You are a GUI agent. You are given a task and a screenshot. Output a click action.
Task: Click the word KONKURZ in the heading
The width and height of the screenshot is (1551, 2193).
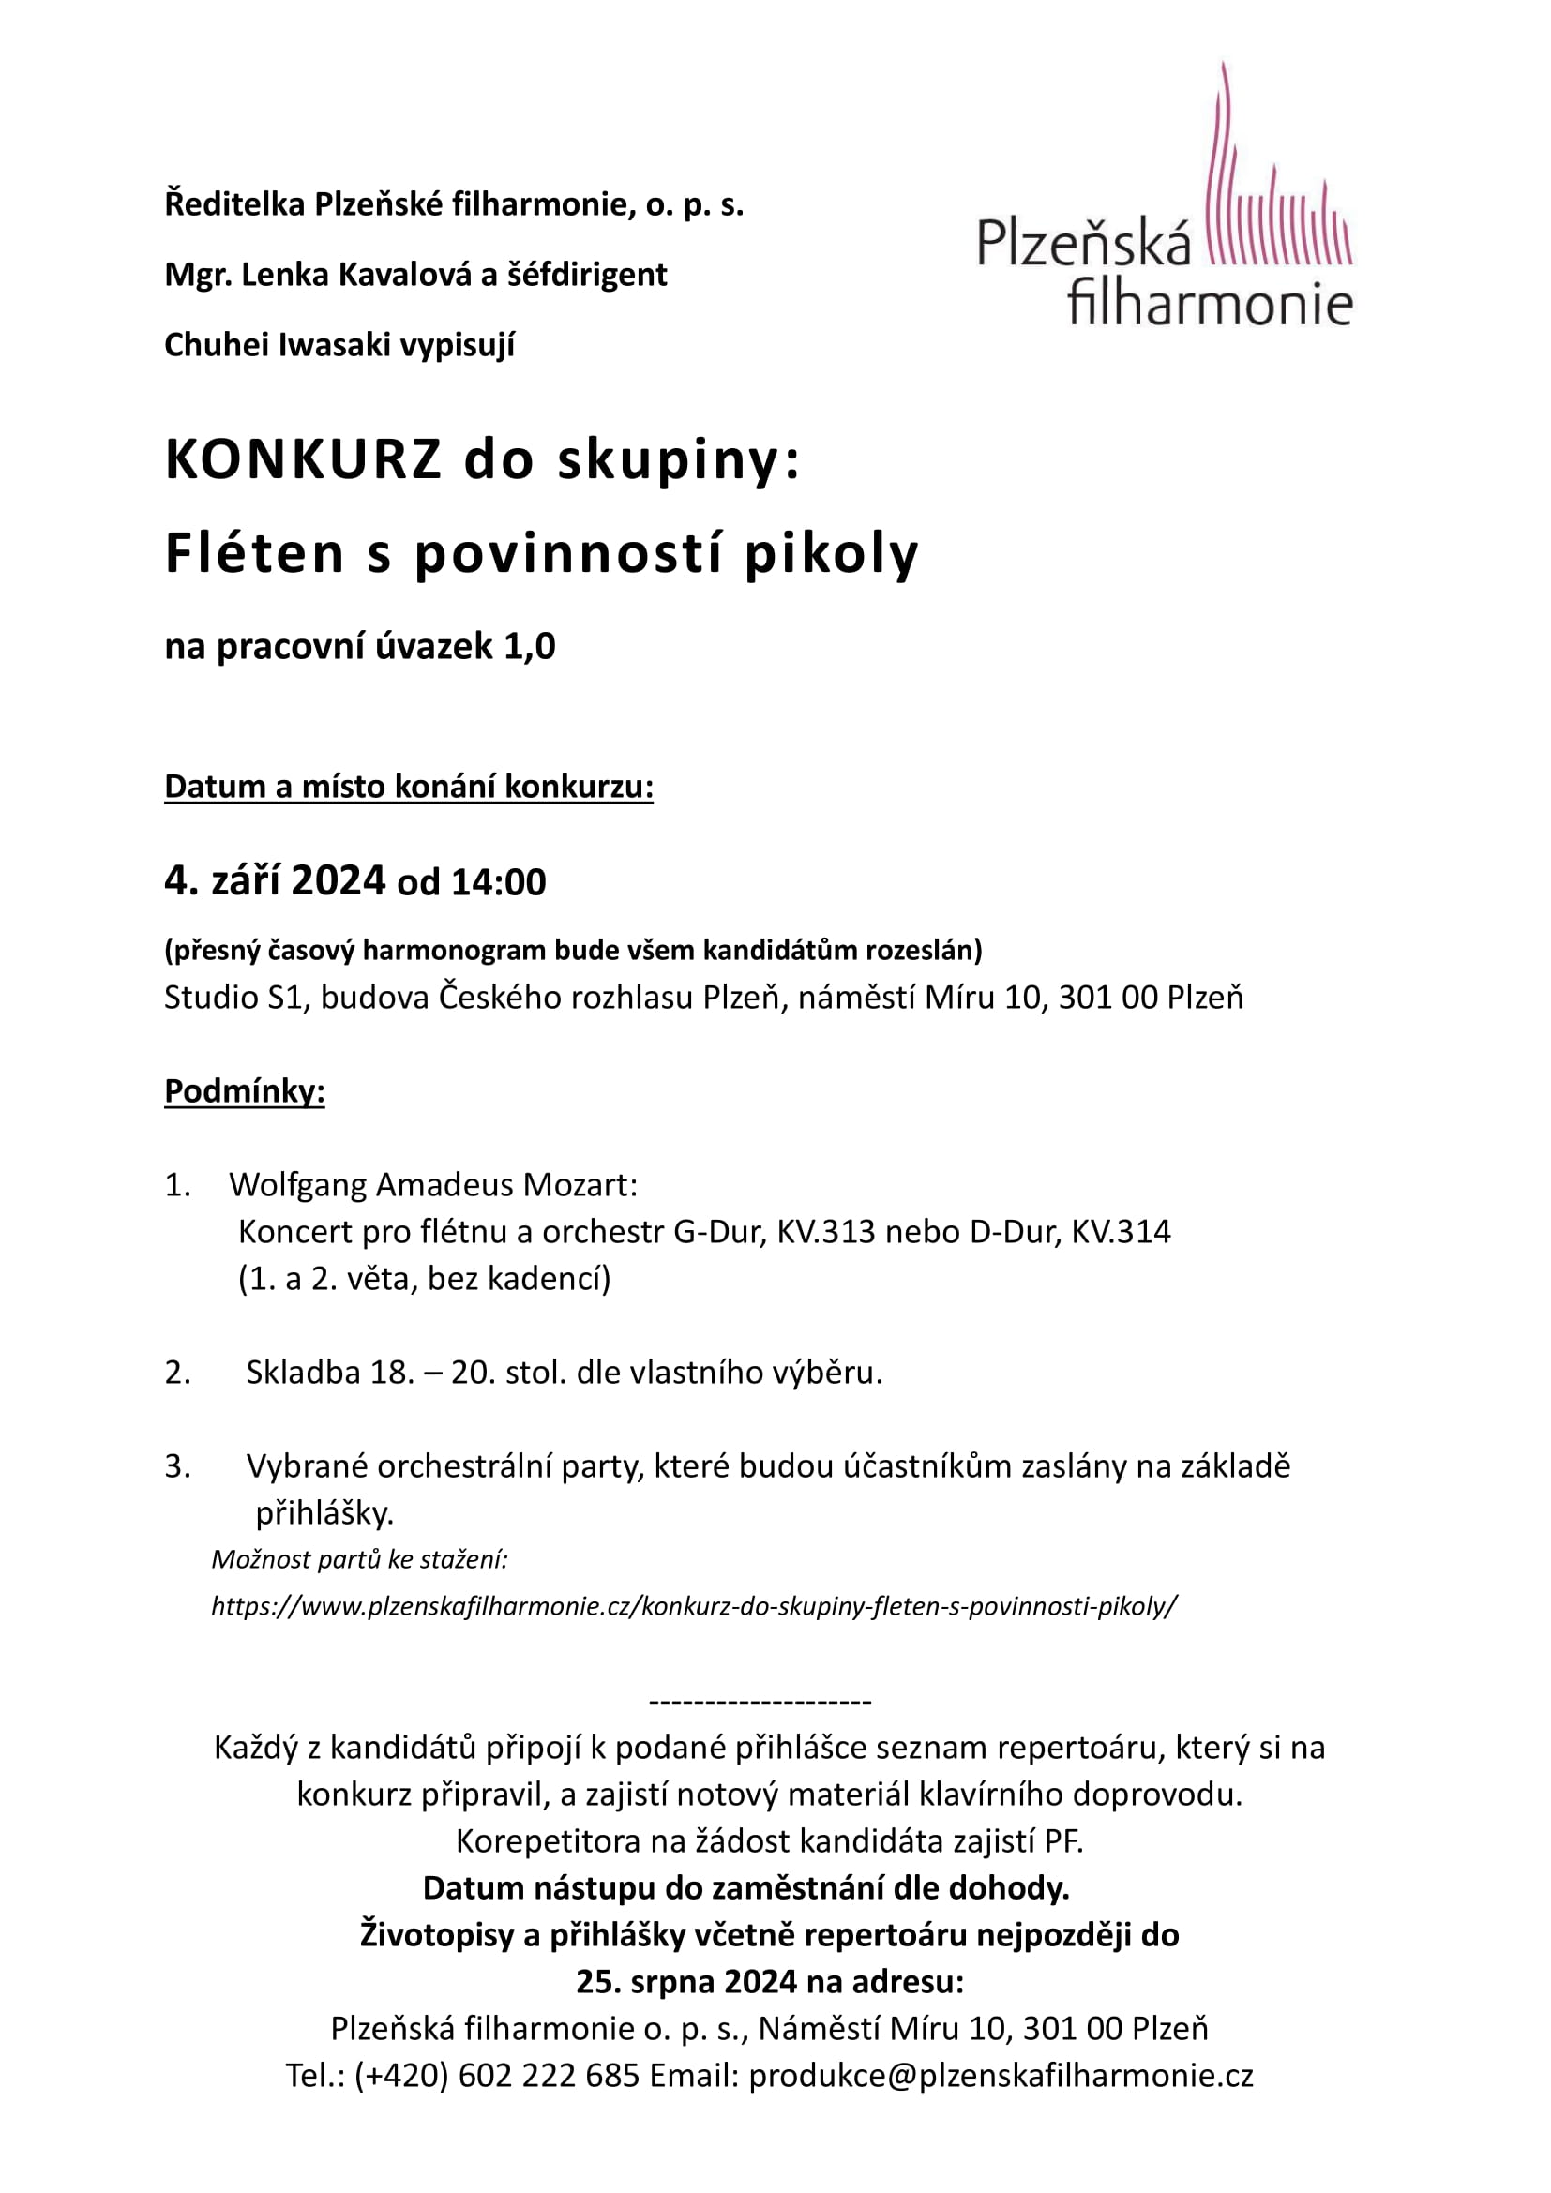tap(304, 460)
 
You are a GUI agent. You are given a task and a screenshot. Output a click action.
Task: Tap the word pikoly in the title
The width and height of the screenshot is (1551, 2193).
tap(831, 554)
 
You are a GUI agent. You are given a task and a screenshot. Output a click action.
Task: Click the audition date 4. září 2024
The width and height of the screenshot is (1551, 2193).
tap(275, 880)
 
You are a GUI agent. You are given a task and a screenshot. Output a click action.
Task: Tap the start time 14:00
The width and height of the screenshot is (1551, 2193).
tap(499, 882)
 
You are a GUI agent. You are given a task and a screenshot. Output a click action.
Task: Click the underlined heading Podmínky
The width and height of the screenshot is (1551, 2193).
tap(245, 1090)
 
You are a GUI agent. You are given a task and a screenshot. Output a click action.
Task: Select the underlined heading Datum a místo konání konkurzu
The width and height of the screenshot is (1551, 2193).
tap(409, 786)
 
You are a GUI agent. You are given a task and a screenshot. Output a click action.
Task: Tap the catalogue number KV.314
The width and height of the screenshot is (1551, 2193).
tap(1121, 1232)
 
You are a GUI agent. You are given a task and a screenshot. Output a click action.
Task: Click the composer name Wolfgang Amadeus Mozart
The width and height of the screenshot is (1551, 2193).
tap(432, 1185)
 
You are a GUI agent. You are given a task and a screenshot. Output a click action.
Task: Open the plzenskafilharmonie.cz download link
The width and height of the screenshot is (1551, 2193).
tap(694, 1607)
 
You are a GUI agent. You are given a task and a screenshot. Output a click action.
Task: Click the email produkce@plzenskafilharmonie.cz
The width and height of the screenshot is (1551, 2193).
tap(1001, 2076)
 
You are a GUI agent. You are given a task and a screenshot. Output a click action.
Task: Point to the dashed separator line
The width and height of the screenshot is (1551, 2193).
tap(760, 1701)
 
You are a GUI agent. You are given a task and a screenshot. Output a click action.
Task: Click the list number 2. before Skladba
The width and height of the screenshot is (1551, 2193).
tap(177, 1373)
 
